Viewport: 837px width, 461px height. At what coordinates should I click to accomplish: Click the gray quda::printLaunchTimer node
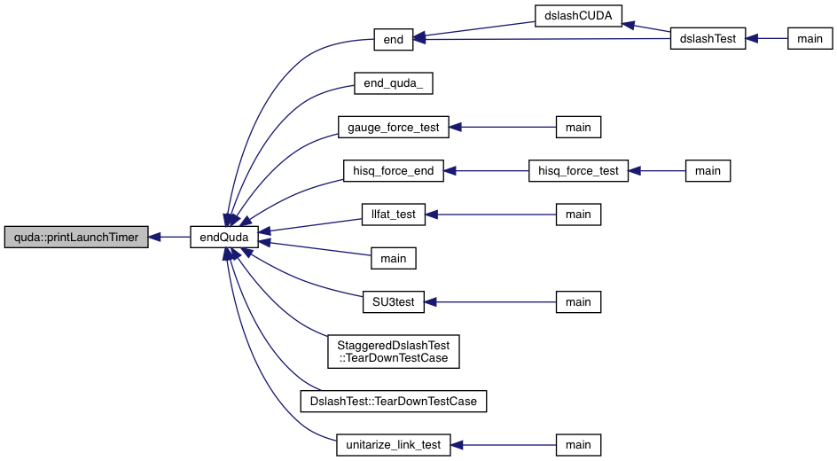point(76,238)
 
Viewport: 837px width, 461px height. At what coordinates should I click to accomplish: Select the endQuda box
point(224,238)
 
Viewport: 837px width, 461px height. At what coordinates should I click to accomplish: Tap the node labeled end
point(394,39)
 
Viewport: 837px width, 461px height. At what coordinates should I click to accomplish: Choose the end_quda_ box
point(393,83)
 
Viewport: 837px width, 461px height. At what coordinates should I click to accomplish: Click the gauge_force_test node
point(394,127)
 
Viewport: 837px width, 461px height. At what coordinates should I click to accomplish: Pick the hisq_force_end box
point(394,170)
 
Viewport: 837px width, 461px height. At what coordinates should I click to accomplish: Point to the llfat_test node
point(394,214)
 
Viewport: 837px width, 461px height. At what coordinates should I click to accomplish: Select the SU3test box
point(394,301)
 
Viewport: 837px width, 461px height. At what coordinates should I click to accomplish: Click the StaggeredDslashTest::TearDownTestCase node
point(394,351)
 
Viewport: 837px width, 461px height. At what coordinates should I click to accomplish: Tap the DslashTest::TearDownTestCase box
point(394,401)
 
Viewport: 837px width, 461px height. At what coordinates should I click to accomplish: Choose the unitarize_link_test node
point(394,444)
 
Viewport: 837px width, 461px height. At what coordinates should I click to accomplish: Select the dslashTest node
point(708,39)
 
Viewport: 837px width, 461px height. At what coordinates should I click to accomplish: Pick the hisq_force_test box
point(578,170)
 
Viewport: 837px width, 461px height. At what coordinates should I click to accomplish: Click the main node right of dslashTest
point(810,39)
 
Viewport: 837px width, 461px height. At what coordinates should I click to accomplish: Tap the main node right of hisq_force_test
point(708,170)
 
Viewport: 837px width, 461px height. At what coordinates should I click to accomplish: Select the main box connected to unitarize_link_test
point(578,444)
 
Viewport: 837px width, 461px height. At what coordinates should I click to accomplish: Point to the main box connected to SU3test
point(578,301)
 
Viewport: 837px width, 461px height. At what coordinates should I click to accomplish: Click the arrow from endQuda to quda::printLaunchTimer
point(169,238)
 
